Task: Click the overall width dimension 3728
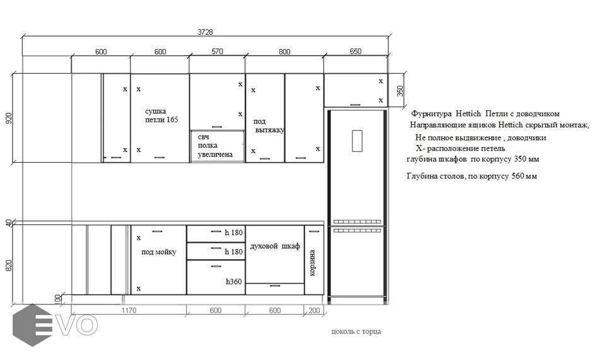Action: tap(205, 32)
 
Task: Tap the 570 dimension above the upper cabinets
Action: tap(217, 51)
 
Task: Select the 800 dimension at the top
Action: tap(284, 52)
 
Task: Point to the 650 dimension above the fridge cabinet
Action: tap(356, 51)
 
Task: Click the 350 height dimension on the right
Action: tap(400, 91)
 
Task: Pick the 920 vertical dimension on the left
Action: tap(9, 119)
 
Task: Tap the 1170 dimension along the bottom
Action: tap(129, 311)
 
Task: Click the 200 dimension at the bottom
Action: tap(314, 311)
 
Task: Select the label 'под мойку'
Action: tap(159, 252)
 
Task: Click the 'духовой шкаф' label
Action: tap(275, 246)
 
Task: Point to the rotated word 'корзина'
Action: tap(312, 262)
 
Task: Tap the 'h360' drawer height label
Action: tap(234, 281)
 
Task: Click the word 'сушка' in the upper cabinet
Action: tap(156, 112)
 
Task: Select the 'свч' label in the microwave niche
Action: tap(204, 137)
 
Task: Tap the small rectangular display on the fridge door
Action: tap(357, 141)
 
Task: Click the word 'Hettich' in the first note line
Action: tap(468, 113)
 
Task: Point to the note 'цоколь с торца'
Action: tap(356, 332)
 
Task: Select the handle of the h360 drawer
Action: tap(216, 266)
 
